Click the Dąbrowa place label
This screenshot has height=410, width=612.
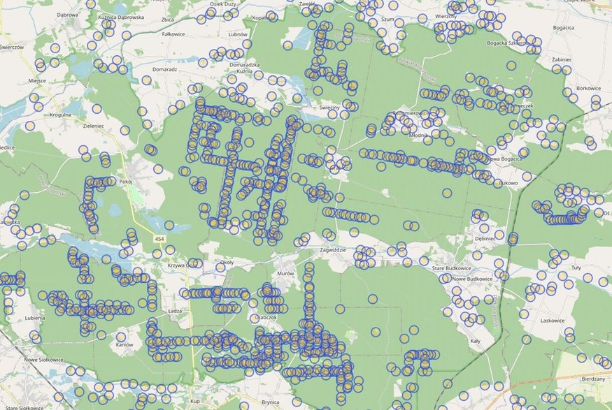coord(68,14)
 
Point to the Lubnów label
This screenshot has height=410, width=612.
coord(239,34)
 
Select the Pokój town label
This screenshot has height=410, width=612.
coord(126,182)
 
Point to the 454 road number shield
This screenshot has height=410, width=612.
coord(161,239)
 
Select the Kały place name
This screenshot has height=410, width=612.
coord(476,342)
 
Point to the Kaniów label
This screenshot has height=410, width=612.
coord(124,346)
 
